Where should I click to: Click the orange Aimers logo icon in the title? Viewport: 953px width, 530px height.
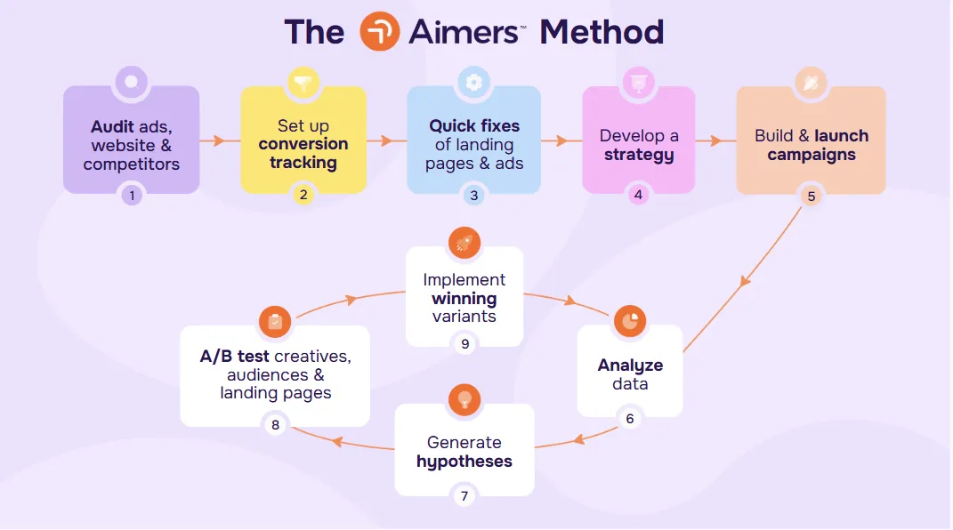tap(380, 32)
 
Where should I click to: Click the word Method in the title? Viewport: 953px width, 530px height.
tap(602, 33)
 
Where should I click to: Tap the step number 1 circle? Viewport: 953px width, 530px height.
tap(132, 194)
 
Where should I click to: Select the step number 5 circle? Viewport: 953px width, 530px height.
tap(811, 196)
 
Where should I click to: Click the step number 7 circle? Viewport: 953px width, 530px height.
tap(464, 494)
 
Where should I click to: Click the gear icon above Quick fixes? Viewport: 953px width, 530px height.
tap(473, 83)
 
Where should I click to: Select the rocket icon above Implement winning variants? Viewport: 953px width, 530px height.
tap(464, 243)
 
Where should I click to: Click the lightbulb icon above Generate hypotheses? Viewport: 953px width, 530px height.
tap(464, 399)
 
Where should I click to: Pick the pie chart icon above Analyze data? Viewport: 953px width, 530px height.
tap(630, 323)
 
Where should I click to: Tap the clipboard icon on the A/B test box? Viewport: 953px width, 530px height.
tap(275, 322)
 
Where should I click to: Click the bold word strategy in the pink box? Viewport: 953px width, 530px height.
tap(639, 155)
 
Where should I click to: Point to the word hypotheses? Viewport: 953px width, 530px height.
tap(464, 462)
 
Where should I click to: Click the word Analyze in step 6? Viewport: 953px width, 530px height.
tap(630, 365)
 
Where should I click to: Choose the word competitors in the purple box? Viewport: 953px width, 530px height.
tap(132, 165)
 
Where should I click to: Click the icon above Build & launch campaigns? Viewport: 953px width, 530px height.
tap(811, 83)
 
